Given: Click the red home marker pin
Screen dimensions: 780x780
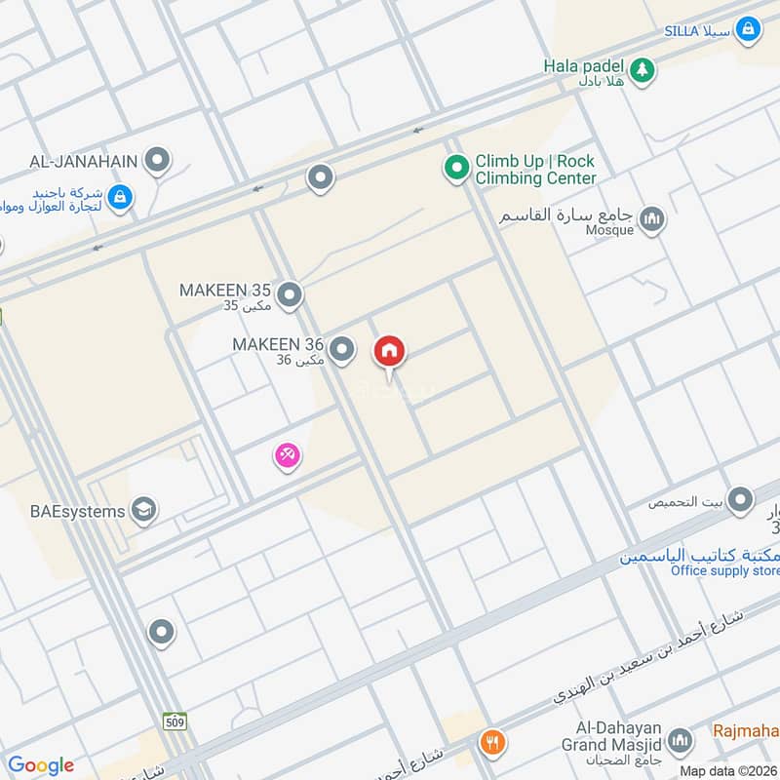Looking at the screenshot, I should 389,352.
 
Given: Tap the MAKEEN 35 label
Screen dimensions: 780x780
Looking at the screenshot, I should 225,291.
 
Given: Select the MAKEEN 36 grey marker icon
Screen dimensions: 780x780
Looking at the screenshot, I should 341,348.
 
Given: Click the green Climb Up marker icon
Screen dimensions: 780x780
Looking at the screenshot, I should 455,170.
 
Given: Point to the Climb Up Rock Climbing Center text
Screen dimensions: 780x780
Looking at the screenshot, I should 534,170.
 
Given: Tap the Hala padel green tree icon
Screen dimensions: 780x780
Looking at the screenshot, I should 642,68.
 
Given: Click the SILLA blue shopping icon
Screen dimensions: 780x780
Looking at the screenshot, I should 748,30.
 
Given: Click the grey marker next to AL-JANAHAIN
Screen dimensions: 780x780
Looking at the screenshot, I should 156,159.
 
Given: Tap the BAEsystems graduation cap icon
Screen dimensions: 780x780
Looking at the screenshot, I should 143,510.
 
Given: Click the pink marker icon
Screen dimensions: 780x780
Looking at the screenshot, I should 286,454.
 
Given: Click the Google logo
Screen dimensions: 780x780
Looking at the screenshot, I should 40,765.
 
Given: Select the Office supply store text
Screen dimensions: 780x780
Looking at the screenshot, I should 724,570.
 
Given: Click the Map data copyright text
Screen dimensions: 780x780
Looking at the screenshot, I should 727,770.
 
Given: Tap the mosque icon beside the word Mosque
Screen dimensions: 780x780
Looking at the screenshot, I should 652,219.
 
